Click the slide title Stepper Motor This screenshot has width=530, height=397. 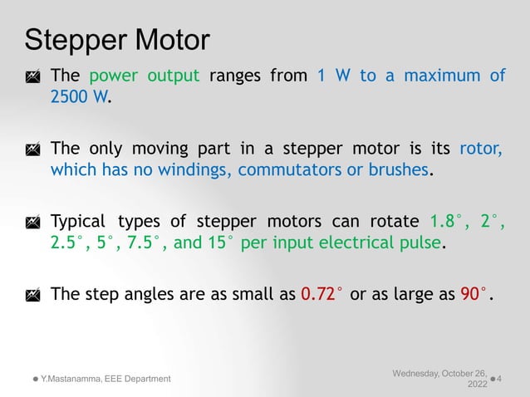[x=117, y=39]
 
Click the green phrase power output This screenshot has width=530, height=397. [x=144, y=76]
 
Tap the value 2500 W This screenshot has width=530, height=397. [x=79, y=97]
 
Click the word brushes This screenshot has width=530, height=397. [x=402, y=170]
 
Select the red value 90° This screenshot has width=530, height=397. [x=474, y=295]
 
